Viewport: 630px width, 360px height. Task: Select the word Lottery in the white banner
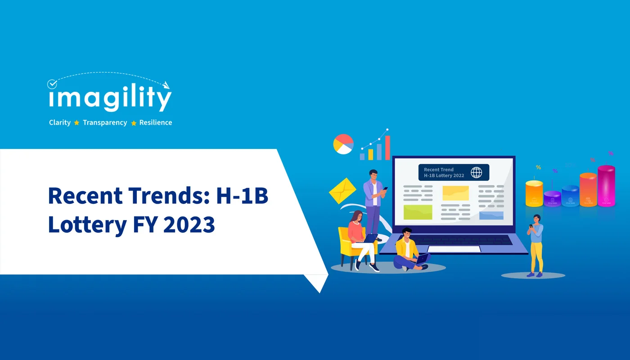[87, 224]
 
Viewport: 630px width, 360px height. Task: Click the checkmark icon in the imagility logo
[53, 84]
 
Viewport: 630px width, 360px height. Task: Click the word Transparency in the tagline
[105, 122]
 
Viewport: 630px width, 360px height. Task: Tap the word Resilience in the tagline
[156, 122]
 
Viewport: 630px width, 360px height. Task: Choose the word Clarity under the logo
[60, 122]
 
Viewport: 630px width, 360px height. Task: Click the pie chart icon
[343, 144]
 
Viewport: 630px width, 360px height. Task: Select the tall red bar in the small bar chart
[387, 148]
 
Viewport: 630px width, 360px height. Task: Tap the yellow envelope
[342, 190]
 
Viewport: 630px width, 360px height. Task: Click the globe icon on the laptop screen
[476, 172]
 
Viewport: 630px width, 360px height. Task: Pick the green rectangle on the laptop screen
[418, 212]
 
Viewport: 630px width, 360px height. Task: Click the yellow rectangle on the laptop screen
[455, 193]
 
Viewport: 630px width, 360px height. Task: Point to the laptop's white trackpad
[454, 249]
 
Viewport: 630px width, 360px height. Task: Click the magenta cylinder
[606, 185]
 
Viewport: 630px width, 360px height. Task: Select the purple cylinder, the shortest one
[552, 198]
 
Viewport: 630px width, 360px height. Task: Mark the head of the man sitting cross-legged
[406, 234]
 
